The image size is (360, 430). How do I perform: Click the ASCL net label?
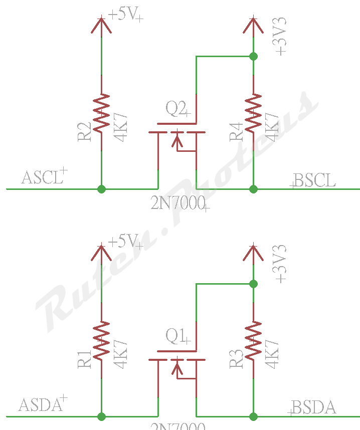coord(42,178)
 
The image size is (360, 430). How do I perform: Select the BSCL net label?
coord(315,180)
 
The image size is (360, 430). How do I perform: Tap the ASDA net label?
coord(40,405)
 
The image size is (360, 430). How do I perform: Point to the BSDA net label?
coord(313,407)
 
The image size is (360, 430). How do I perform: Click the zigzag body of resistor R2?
coord(102,113)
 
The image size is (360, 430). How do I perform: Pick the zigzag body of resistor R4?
coord(253,113)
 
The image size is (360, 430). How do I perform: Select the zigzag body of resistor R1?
coord(102,341)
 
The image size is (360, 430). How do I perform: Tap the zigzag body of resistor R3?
coord(253,341)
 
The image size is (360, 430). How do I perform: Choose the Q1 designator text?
coord(176,336)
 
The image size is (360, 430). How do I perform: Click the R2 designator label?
coord(85,131)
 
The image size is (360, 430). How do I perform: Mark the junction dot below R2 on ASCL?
coord(102,189)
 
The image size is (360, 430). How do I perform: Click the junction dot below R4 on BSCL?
coord(253,189)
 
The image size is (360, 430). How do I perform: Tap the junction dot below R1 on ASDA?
coord(102,416)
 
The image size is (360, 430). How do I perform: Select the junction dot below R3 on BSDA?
coord(253,416)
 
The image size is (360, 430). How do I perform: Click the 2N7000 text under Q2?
coord(178,203)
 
